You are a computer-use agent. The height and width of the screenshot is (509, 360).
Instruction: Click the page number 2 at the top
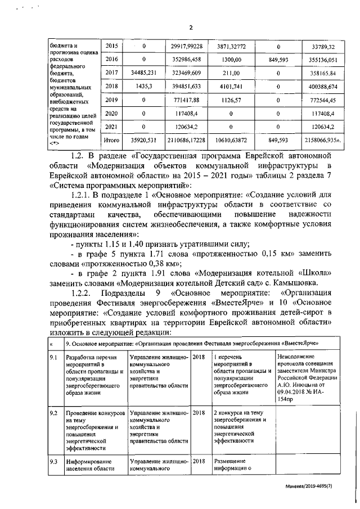coord(190,28)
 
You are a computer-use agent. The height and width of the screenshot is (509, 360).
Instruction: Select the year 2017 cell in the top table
coord(112,73)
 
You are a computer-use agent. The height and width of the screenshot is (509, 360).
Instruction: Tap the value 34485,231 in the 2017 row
coord(144,73)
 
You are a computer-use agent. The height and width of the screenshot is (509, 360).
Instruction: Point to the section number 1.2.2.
coord(83,294)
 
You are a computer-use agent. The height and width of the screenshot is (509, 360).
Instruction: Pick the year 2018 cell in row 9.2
coord(199,413)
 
